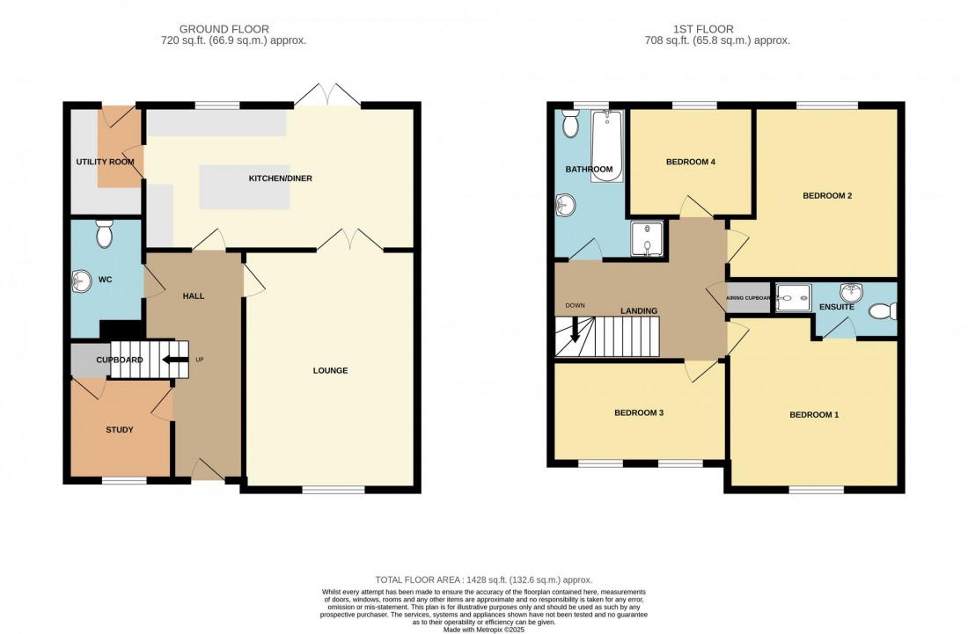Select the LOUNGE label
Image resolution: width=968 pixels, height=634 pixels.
(330, 370)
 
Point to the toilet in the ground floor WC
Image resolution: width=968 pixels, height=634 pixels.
(105, 235)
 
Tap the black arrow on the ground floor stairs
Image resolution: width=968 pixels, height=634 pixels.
(176, 359)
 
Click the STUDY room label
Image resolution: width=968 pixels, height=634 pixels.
(119, 430)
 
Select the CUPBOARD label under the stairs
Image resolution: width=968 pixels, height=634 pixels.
(119, 360)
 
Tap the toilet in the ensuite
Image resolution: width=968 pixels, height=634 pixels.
(883, 311)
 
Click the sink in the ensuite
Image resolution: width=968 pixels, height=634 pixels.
(851, 291)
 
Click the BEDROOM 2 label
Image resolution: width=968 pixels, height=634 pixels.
(826, 196)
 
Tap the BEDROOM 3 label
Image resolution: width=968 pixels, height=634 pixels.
(638, 412)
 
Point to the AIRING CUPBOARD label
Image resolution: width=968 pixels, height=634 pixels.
(749, 298)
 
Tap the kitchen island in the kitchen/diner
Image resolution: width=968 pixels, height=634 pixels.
(245, 186)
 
